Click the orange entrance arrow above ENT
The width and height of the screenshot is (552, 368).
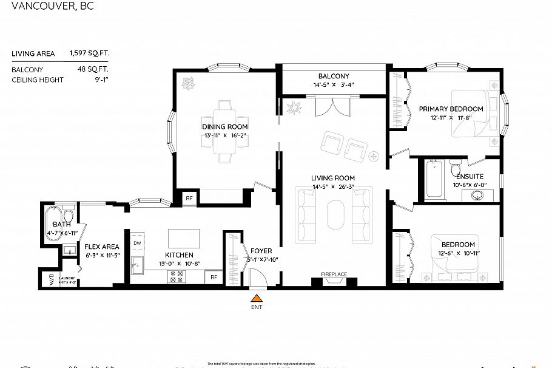(257, 298)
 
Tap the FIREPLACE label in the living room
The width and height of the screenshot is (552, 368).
(334, 274)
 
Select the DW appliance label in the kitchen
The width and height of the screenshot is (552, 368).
(137, 243)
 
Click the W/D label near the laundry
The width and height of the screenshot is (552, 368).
(51, 279)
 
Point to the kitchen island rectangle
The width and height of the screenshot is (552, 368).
(184, 236)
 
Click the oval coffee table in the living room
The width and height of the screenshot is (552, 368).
(334, 214)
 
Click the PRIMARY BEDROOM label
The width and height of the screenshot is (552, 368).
(451, 109)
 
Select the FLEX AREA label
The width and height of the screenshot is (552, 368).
(101, 247)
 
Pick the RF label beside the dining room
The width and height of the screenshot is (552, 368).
(189, 198)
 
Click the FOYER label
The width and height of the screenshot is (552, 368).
(261, 251)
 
